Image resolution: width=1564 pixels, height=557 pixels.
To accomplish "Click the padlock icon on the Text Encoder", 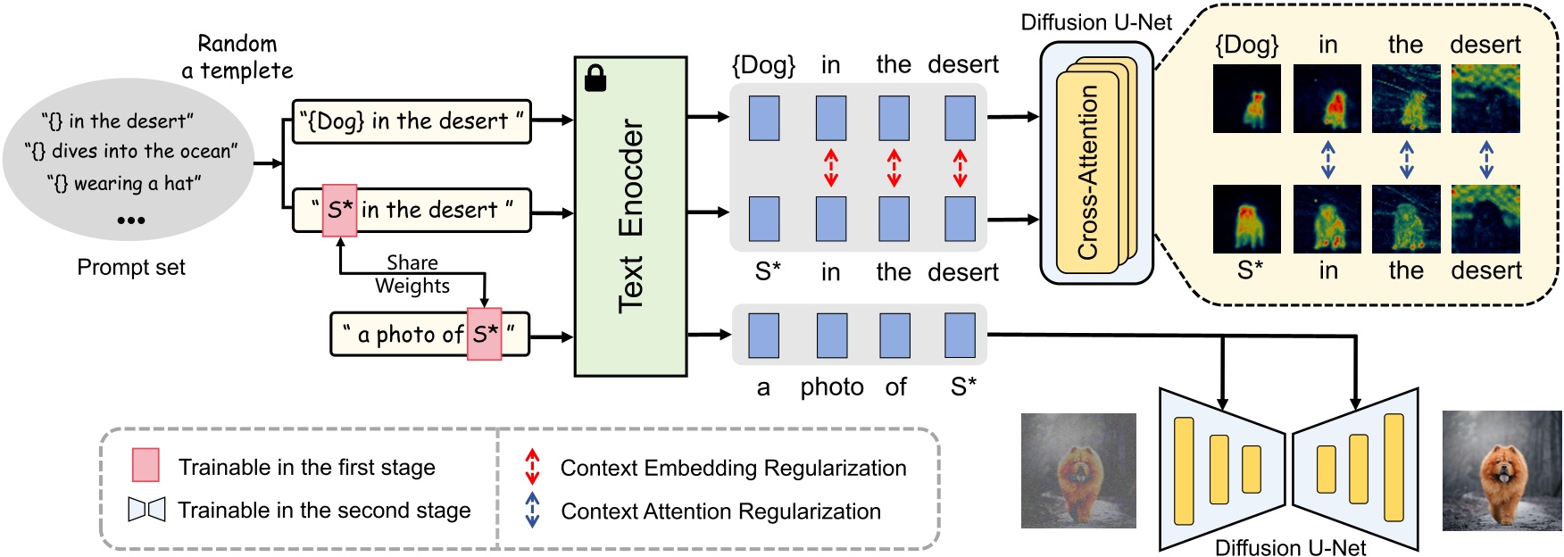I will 595,79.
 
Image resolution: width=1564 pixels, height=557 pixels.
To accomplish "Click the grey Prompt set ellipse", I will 130,161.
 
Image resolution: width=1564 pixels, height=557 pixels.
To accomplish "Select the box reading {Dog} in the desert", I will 412,121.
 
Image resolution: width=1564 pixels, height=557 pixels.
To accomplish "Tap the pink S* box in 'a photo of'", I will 485,335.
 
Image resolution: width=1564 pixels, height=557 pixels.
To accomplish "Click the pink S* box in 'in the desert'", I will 339,211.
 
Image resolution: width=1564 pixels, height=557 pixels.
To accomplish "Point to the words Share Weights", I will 412,274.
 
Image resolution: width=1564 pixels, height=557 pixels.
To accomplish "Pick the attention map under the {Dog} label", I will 1247,99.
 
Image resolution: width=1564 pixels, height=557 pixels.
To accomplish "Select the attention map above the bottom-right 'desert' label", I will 1485,219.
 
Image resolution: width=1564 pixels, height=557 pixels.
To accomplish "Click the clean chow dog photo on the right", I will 1502,470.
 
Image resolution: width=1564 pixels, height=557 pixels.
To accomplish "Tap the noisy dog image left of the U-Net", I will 1078,470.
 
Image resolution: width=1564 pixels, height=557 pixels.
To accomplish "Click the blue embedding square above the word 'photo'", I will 832,336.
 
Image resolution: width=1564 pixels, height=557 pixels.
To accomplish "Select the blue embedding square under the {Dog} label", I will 764,119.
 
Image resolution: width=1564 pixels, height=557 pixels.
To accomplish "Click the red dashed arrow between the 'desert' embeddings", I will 960,168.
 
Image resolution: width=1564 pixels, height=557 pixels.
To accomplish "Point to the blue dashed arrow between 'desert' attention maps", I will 1485,159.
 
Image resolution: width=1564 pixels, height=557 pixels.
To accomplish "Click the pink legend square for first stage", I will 146,465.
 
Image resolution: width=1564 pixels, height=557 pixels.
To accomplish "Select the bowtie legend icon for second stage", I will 146,510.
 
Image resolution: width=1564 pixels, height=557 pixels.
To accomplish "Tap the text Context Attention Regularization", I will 720,511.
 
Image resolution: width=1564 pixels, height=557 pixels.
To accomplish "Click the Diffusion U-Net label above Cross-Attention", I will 1095,22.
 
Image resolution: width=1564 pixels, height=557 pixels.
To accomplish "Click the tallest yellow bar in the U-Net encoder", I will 1184,470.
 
